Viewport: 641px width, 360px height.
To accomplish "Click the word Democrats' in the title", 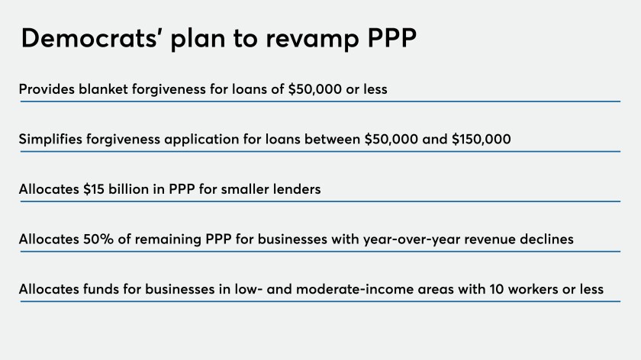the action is coord(89,38).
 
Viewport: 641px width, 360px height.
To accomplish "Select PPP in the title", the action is coord(392,38).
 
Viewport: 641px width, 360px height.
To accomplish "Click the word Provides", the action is coord(47,89).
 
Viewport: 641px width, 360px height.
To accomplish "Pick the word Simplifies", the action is coord(50,140).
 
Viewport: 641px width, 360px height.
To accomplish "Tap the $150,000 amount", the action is coord(482,140).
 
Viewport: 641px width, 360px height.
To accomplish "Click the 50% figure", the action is coord(98,239).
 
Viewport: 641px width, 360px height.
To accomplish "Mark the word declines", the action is coord(546,239).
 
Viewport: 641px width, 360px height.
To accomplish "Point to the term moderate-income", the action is coord(354,289).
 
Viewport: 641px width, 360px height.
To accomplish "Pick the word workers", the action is coord(533,289).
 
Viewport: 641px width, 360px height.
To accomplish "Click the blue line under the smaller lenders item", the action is coord(320,201).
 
